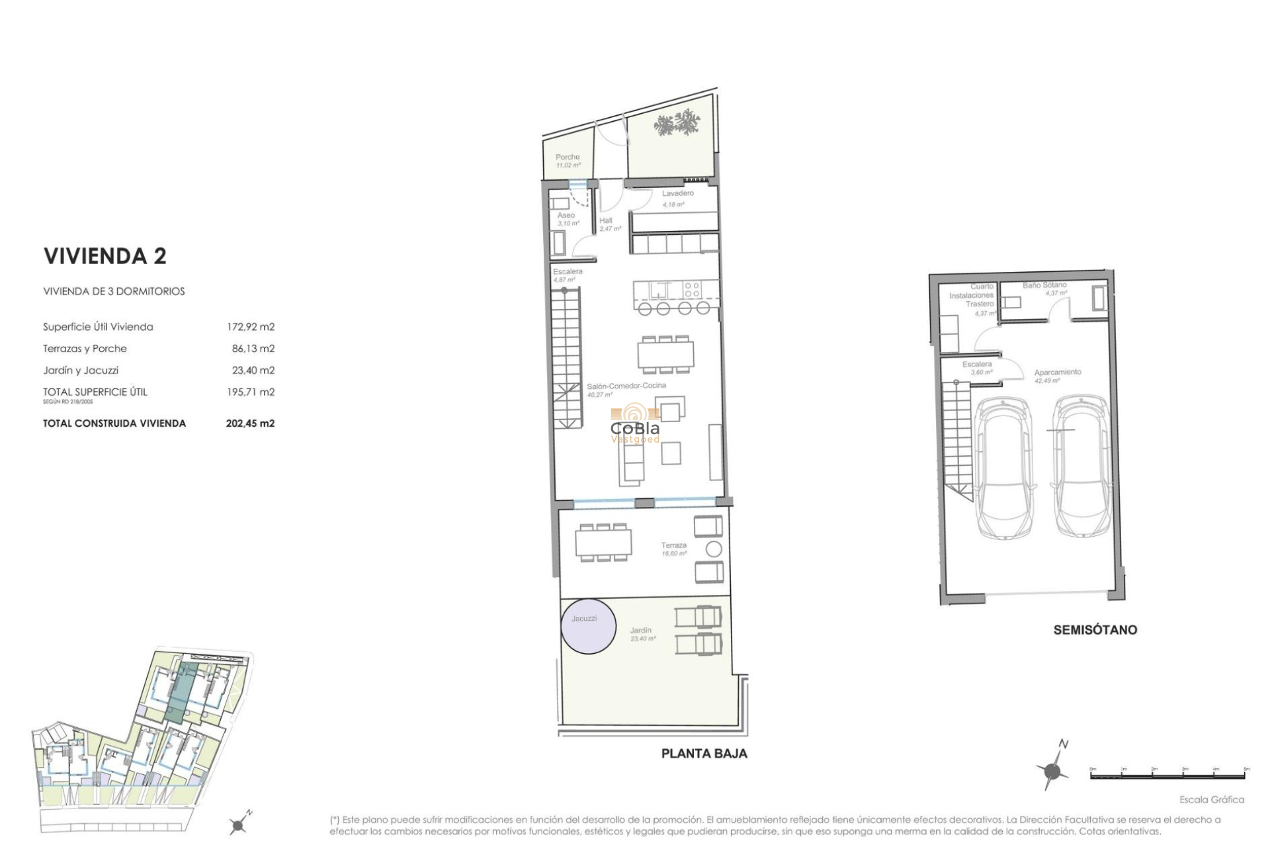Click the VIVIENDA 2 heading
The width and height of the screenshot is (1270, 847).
(x=105, y=256)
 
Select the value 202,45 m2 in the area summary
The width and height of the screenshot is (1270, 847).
(x=250, y=423)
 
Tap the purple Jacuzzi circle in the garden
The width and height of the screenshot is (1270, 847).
(x=588, y=626)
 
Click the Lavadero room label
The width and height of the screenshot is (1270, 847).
(x=677, y=193)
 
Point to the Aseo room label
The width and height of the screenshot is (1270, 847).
(x=566, y=215)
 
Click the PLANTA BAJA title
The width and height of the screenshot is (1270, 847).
(x=704, y=753)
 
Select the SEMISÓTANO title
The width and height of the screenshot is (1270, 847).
(x=1095, y=629)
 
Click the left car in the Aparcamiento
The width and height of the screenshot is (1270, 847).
(x=1003, y=467)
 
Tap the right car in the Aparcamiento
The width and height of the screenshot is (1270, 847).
(x=1081, y=467)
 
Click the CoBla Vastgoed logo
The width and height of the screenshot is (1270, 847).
(x=634, y=425)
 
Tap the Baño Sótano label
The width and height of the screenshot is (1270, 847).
(x=1044, y=285)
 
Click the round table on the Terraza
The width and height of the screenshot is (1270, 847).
(x=713, y=549)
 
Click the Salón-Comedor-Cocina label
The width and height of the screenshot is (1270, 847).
(x=626, y=385)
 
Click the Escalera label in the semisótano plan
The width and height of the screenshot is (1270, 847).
(x=976, y=365)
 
